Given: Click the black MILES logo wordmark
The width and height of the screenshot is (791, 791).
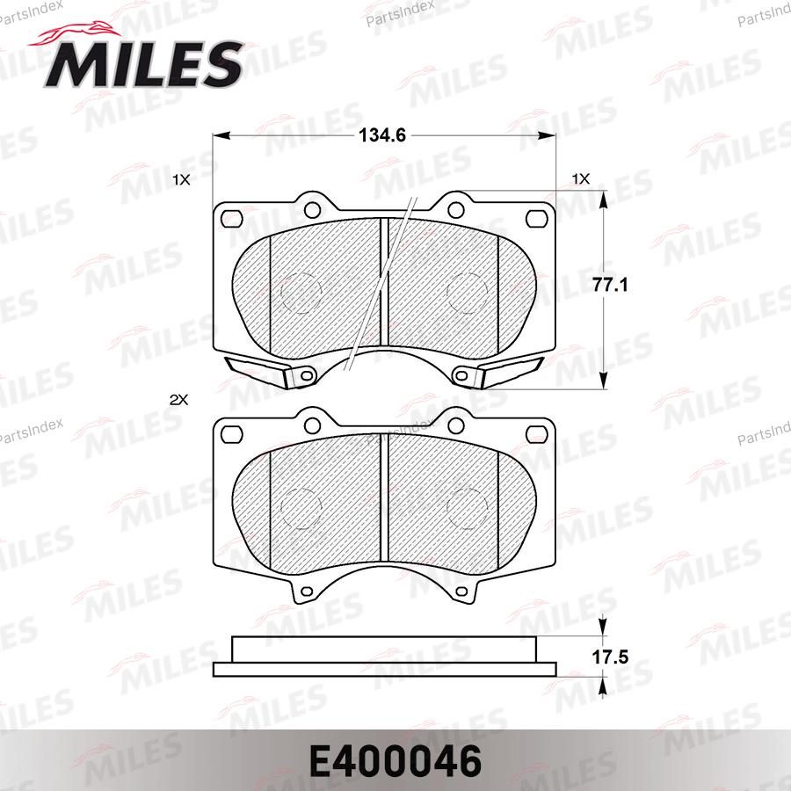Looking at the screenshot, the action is pos(144,64).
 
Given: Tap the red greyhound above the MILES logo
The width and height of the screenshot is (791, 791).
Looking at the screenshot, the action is pos(76,33).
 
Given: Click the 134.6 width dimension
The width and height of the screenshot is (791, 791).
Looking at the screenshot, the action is pos(382,135).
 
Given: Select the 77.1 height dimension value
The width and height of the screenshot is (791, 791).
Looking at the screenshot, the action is pos(610,286).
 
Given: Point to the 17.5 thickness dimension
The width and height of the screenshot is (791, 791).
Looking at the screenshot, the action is pos(610,657).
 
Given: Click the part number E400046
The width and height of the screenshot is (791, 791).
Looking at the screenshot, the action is pos(395,762).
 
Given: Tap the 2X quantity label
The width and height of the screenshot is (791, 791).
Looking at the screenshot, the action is pos(178,400).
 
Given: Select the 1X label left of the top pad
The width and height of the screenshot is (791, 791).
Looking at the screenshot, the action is pos(181,179).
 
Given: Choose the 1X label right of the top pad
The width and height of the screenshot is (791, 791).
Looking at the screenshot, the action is pos(581,179).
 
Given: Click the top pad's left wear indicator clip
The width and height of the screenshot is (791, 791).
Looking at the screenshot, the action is pos(257,372).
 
